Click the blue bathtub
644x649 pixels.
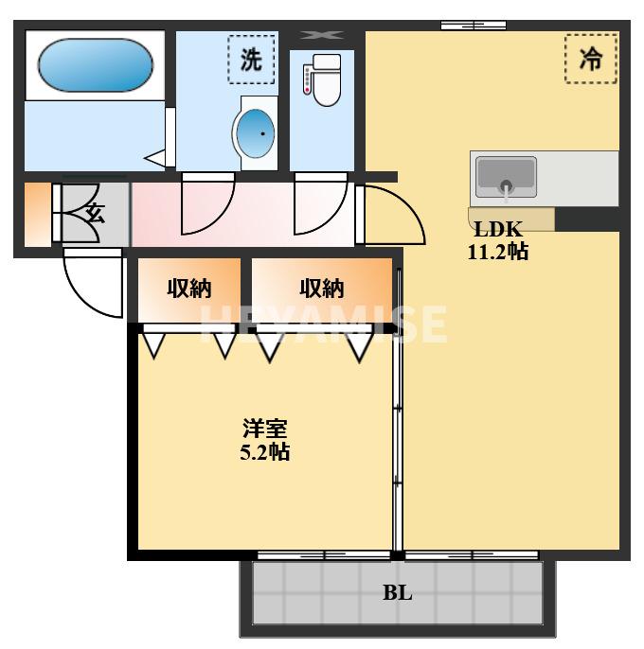(x=96, y=65)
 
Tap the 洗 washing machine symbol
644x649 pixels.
(x=251, y=60)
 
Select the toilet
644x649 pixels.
(x=323, y=79)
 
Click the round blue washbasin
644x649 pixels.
(x=255, y=132)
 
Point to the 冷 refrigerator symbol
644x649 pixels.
(x=591, y=59)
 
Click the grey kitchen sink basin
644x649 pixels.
(x=506, y=177)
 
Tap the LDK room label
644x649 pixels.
(x=498, y=229)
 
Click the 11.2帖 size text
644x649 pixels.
(x=498, y=252)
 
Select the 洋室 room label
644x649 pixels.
(x=265, y=429)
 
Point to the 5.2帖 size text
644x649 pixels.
(x=265, y=451)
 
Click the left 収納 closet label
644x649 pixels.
(x=189, y=288)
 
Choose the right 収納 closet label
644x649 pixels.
(x=322, y=288)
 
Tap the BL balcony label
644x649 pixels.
(x=398, y=592)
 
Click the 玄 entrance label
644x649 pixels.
(x=96, y=213)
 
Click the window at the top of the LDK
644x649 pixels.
(x=474, y=26)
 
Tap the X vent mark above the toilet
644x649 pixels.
(x=322, y=35)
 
